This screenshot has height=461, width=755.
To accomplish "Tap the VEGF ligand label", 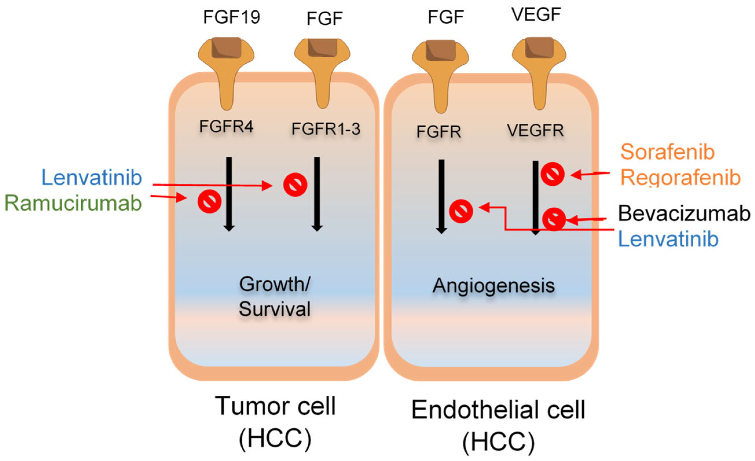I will (536, 14).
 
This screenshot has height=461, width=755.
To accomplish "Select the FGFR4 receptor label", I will (226, 126).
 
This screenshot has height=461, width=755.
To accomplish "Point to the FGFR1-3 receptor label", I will (326, 129).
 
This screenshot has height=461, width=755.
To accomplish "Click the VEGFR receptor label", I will (535, 131).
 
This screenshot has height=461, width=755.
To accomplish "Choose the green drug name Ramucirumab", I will (73, 203).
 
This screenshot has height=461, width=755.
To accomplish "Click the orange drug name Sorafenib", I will (667, 152).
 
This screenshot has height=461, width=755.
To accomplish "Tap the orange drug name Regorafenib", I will (680, 178).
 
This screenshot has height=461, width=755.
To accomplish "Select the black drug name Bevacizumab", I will (684, 213).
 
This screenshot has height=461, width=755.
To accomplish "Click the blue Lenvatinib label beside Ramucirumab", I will (92, 178).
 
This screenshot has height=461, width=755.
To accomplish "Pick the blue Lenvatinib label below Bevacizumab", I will (668, 239).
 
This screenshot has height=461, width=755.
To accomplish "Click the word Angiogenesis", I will (493, 286).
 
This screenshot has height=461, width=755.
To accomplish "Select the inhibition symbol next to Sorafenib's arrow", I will (552, 174).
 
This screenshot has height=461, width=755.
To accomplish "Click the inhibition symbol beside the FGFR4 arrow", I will (210, 202).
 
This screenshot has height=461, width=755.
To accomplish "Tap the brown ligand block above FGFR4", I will (226, 48).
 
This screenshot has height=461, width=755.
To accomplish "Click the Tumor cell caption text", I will (275, 406).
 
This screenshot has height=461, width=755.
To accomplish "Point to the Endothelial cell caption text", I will (498, 410).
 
